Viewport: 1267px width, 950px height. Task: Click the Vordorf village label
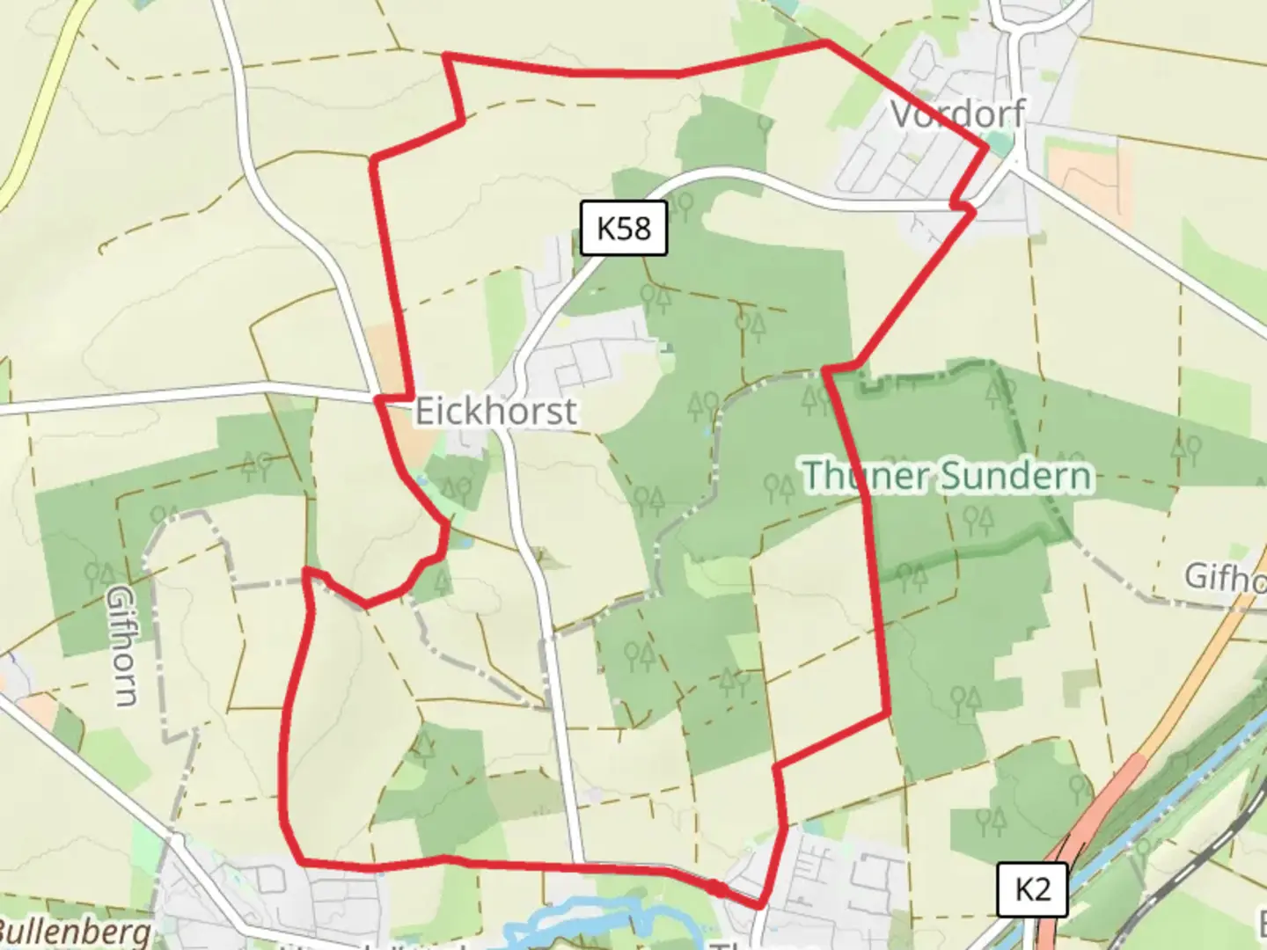[957, 113]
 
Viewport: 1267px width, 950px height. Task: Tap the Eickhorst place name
[495, 411]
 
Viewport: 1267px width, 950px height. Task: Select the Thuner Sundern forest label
[948, 476]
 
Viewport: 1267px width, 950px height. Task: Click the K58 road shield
[624, 229]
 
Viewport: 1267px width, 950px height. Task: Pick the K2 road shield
[1032, 889]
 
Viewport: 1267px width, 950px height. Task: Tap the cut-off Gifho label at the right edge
[1225, 577]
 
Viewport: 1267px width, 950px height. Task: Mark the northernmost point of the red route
[825, 41]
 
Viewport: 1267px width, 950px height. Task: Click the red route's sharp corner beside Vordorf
[986, 149]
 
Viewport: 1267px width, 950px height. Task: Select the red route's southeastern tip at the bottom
[761, 905]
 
